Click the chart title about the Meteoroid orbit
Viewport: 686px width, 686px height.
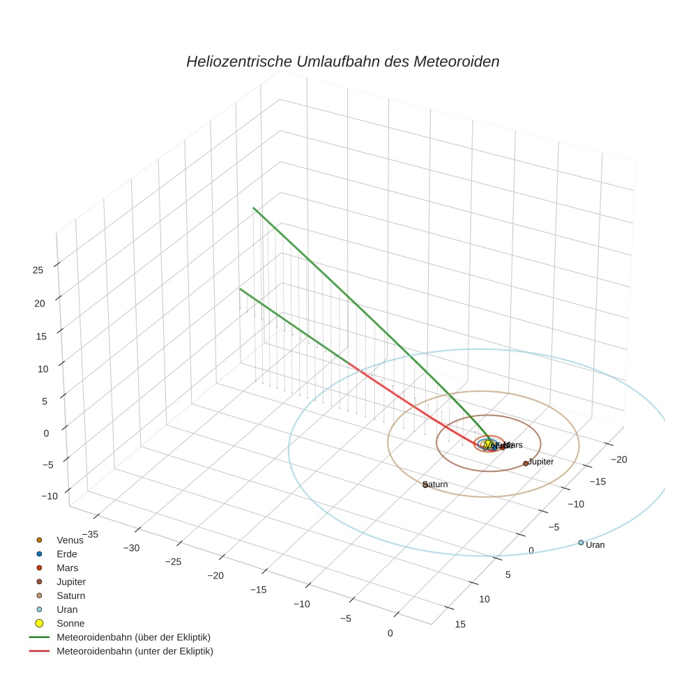[342, 61]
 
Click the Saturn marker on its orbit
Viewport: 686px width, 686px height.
[425, 485]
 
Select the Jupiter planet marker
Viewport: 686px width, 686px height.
[526, 464]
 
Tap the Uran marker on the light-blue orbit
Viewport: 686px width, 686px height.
[581, 542]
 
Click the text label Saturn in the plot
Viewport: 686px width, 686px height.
[436, 485]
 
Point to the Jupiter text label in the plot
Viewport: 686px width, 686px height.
[541, 462]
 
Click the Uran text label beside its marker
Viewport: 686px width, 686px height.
[595, 545]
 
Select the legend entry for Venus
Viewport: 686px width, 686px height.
[70, 540]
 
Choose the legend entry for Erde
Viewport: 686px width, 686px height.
[67, 554]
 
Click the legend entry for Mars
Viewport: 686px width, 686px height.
[67, 568]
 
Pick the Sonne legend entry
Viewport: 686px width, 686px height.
[70, 623]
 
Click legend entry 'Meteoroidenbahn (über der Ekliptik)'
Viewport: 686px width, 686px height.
[133, 637]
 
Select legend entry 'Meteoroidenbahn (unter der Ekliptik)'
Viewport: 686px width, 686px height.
[135, 651]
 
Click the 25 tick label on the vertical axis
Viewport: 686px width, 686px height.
[38, 270]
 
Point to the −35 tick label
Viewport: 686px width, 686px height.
[88, 535]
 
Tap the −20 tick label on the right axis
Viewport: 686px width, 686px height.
[619, 459]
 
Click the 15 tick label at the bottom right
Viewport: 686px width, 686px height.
[460, 624]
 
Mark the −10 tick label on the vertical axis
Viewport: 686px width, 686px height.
[49, 496]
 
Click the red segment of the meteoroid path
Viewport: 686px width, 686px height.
[411, 405]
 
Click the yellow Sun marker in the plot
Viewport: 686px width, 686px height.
[487, 445]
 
